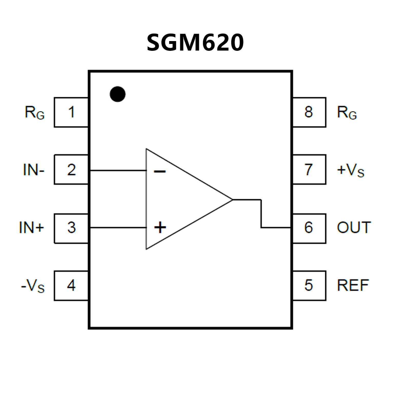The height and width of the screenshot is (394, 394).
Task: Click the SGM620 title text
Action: pos(195,43)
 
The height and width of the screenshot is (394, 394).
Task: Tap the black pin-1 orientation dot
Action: pos(118,94)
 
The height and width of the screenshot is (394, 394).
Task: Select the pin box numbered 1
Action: pos(71,112)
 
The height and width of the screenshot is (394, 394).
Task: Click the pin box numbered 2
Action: pos(71,170)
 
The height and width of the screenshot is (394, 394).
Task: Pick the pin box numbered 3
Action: pos(71,228)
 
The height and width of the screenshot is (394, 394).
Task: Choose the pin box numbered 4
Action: pos(71,285)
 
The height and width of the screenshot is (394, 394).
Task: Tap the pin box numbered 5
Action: pos(309,285)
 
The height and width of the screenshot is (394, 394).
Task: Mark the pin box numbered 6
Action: pos(309,228)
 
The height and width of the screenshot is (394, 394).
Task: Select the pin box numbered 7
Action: pos(309,170)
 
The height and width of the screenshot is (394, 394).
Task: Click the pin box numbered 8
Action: pos(309,112)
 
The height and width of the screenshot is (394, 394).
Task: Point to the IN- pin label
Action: pos(34,170)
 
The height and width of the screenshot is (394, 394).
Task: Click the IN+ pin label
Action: pos(32,228)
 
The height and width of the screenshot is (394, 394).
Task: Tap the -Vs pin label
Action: pos(33,286)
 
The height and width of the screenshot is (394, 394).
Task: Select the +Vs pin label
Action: pos(350,170)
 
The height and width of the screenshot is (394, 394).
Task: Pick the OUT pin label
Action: pos(354,228)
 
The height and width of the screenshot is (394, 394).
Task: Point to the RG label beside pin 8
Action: pos(347,113)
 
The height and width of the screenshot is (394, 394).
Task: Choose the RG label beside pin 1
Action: pos(35,113)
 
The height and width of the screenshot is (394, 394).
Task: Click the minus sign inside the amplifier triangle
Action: pos(160,171)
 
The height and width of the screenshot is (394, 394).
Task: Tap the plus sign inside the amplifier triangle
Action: pos(160,227)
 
